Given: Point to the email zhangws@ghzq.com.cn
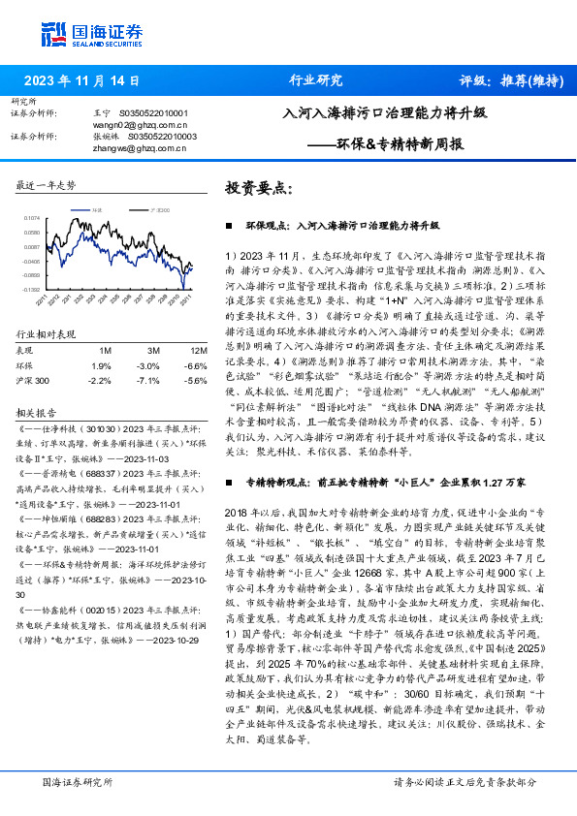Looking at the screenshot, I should (132, 148).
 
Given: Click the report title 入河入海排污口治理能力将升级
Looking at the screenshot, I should (384, 111).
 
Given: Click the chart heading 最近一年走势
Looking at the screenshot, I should (47, 184).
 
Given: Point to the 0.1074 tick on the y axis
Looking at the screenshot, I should (34, 219).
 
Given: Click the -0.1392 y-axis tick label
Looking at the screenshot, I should (32, 289).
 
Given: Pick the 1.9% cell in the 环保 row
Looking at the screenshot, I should (100, 365).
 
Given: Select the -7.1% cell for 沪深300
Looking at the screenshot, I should (148, 381).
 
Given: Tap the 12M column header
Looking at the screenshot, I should (198, 350).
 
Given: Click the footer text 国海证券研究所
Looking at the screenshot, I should (79, 782).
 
